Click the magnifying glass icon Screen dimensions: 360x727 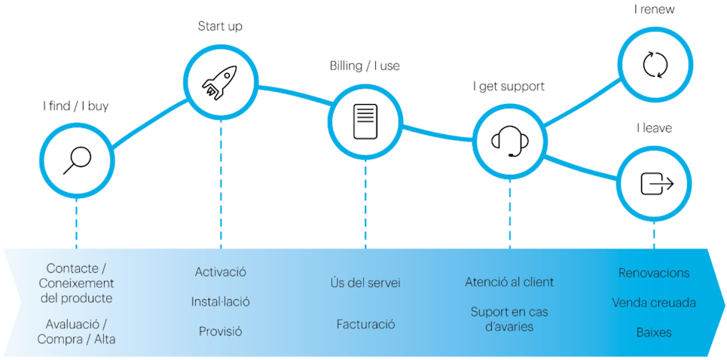click(x=76, y=160)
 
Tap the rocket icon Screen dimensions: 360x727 click(x=220, y=81)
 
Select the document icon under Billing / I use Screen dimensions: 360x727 click(x=365, y=121)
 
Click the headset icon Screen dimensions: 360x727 click(x=509, y=140)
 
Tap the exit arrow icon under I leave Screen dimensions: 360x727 click(x=654, y=183)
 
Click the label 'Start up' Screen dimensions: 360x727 click(x=220, y=26)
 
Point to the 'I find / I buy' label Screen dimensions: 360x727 click(x=75, y=105)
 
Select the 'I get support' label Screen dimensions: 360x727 click(x=509, y=86)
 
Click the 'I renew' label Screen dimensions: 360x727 click(x=654, y=10)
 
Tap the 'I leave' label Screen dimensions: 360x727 click(x=654, y=128)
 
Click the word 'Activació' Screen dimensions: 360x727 click(x=220, y=272)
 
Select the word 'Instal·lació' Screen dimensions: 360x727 click(x=220, y=301)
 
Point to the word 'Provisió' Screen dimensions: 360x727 click(x=220, y=331)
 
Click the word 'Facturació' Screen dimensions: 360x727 click(x=365, y=324)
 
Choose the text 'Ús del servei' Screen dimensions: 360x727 click(x=365, y=283)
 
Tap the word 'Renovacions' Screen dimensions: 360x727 click(x=654, y=273)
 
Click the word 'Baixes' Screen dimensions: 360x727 click(x=654, y=331)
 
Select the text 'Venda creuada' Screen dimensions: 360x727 click(x=654, y=303)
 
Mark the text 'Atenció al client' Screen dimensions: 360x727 click(x=509, y=282)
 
